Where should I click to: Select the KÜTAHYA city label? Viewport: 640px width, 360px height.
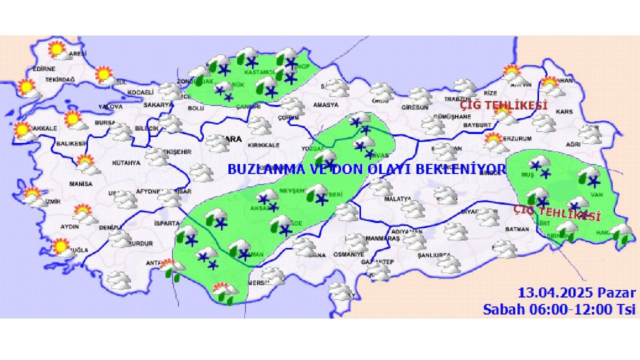point(125,163)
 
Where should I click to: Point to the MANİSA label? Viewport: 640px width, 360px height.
point(81,184)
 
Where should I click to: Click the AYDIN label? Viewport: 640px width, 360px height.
point(70,226)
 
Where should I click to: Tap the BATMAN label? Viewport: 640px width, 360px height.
point(517,229)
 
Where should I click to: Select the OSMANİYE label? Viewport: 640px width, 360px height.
point(349,254)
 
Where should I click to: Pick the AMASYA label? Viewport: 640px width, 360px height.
point(325,105)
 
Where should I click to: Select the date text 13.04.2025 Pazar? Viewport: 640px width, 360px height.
point(576,293)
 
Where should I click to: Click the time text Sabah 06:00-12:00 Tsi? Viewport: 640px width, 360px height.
point(559,309)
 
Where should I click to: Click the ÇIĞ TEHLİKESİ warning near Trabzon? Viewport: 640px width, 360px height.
point(503,106)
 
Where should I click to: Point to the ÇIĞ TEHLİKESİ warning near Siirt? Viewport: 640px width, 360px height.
point(557,213)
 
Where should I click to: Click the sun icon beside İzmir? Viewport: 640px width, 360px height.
point(32,193)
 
